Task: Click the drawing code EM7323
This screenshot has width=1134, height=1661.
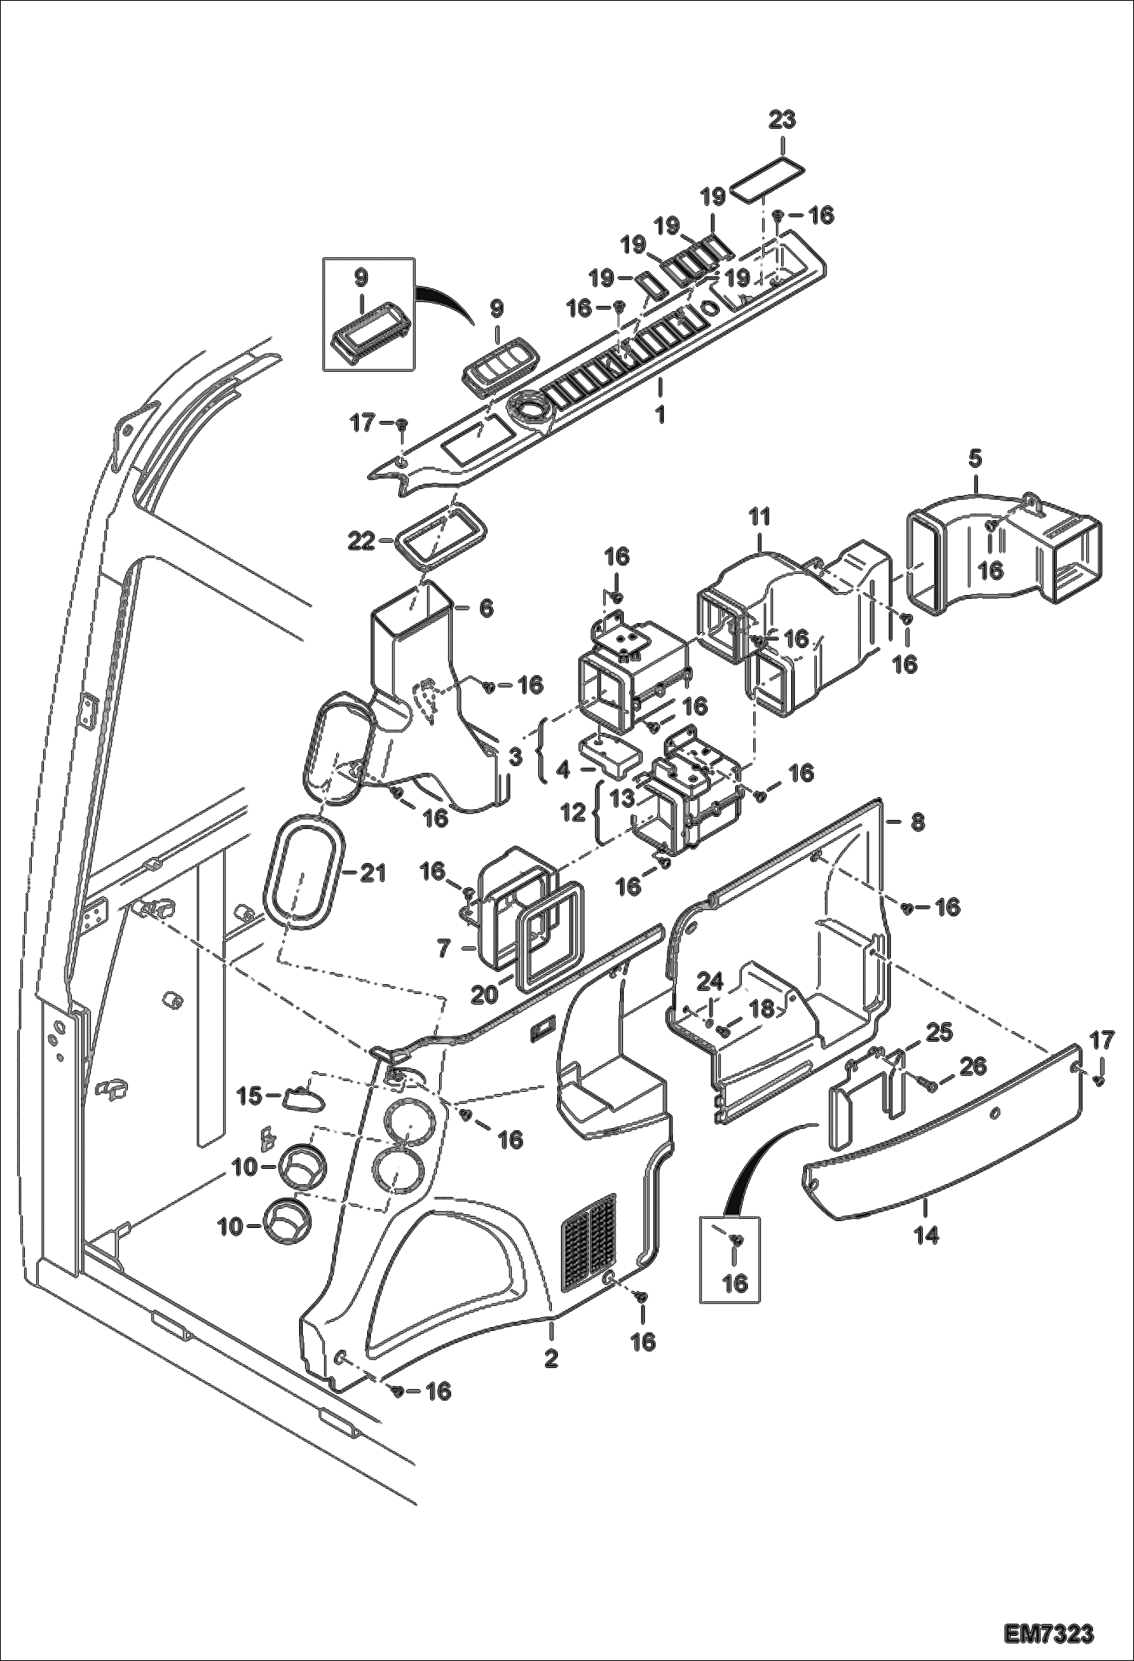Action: [x=1049, y=1629]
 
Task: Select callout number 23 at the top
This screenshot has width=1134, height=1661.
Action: [x=783, y=120]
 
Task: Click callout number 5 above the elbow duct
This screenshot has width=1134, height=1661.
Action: [x=975, y=459]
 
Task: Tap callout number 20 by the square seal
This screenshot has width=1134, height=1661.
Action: [x=484, y=994]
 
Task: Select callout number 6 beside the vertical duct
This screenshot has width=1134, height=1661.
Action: [x=485, y=608]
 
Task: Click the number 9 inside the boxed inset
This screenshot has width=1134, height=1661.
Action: [x=361, y=279]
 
